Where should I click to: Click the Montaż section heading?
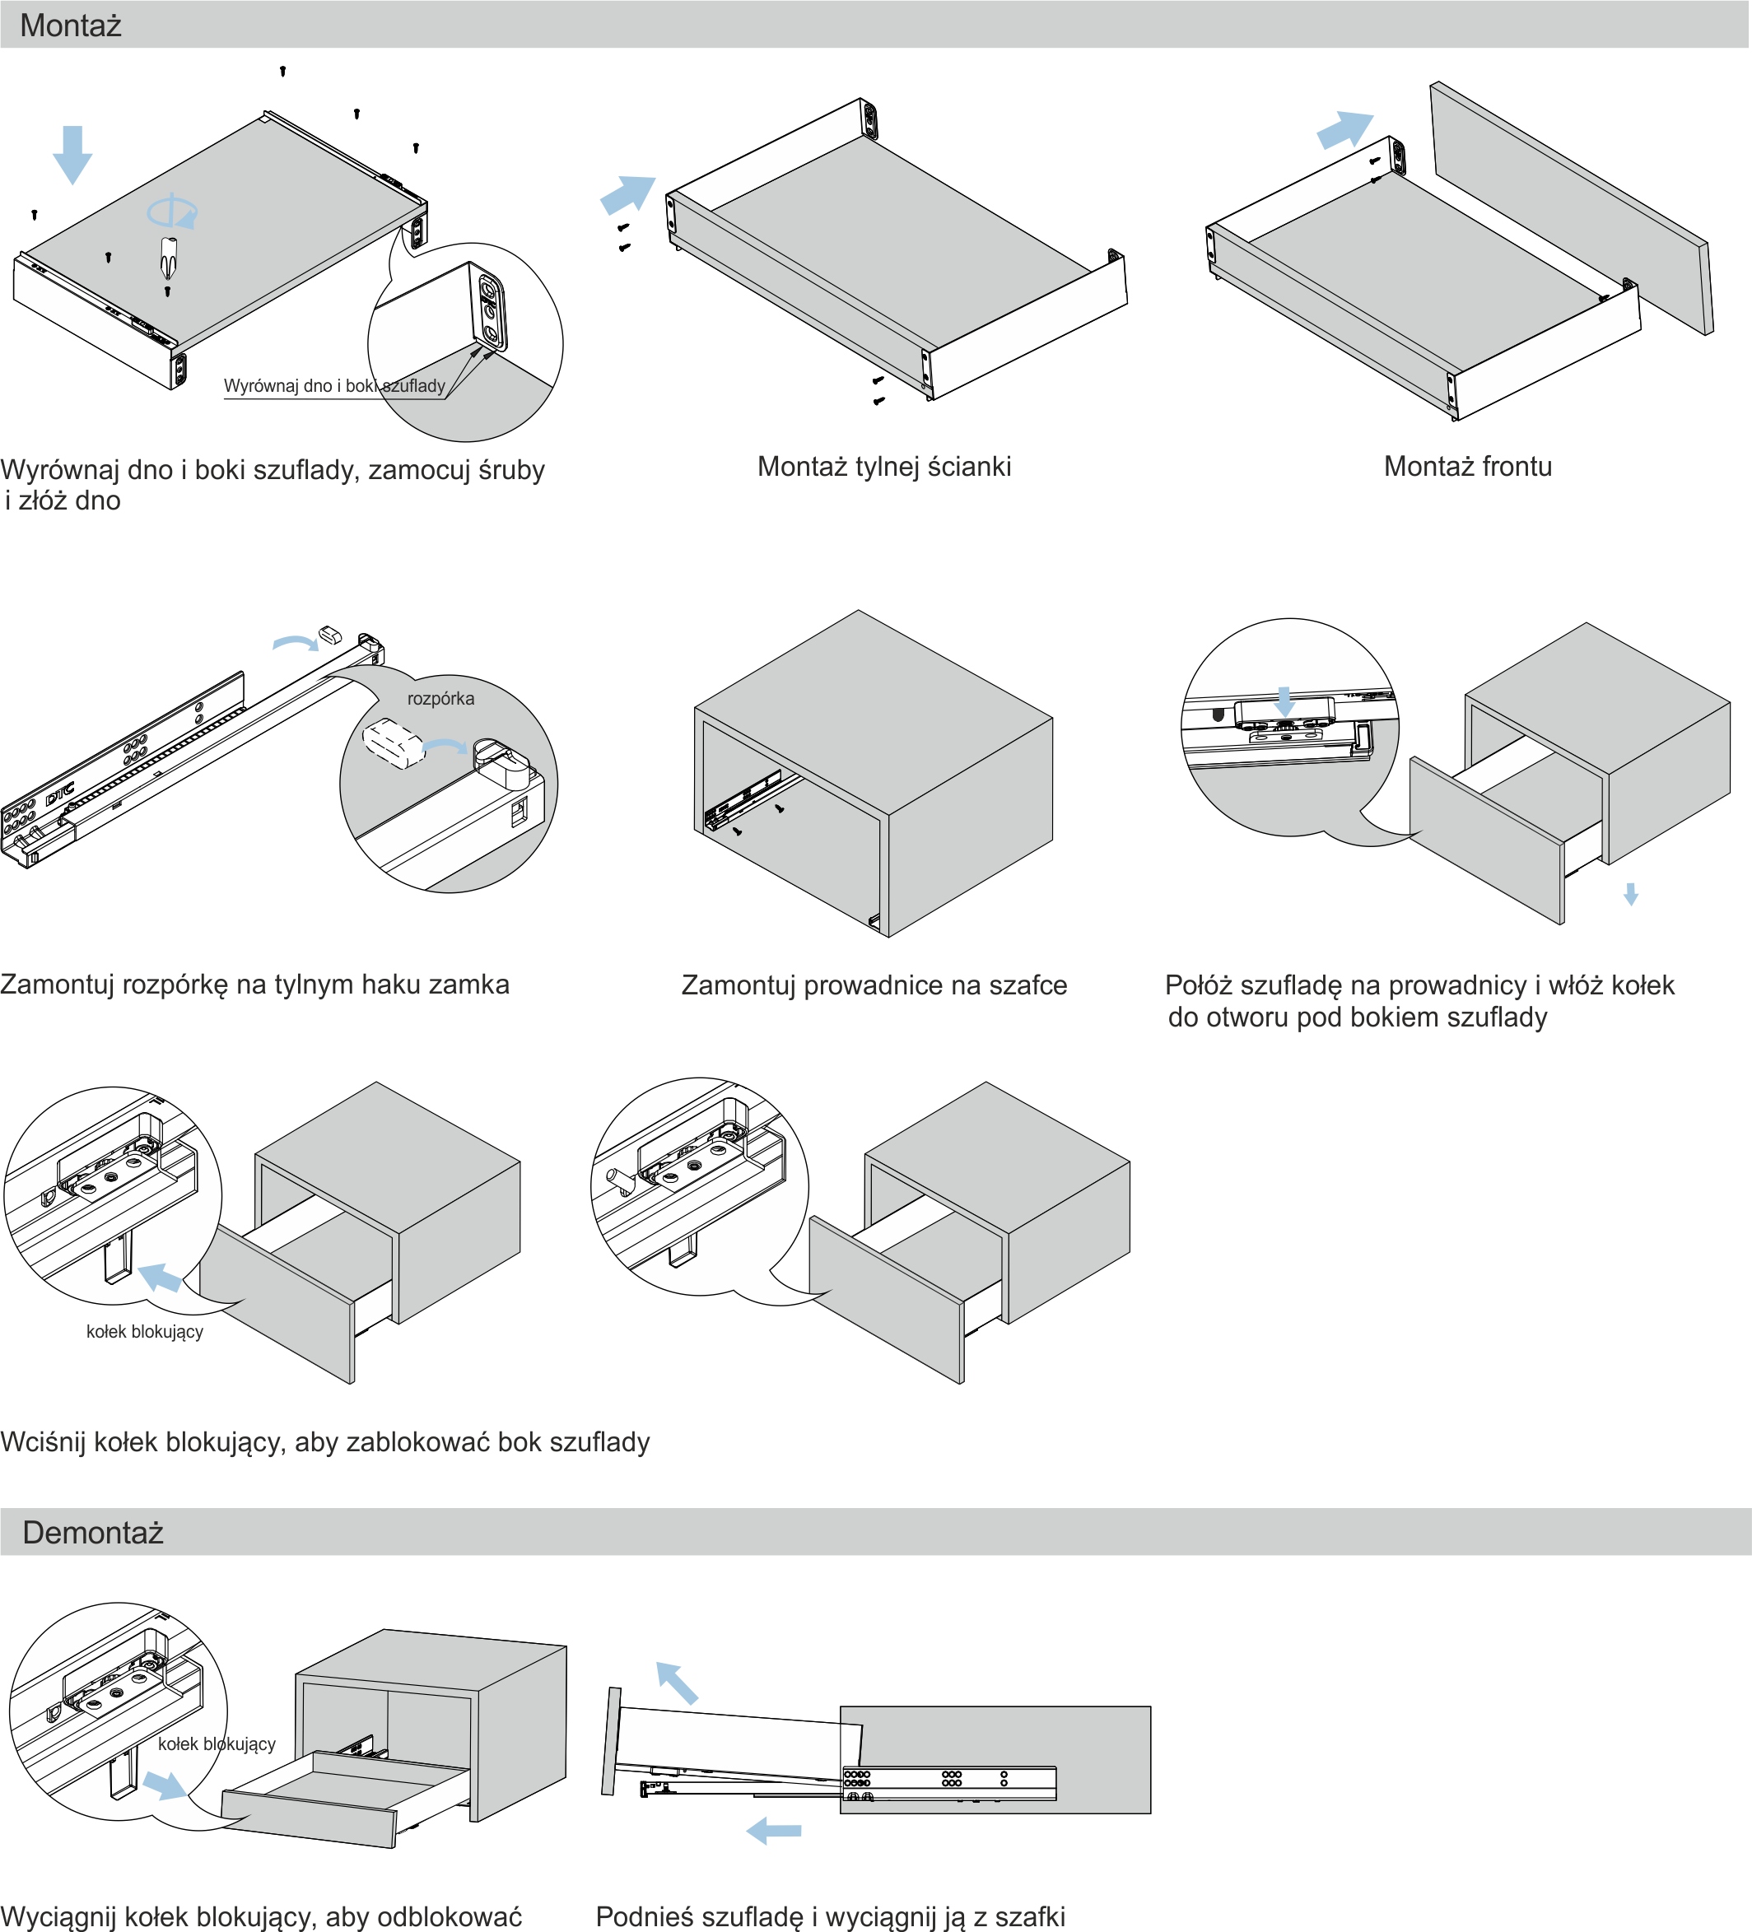(71, 26)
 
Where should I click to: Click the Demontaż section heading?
(93, 1533)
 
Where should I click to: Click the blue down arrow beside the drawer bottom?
(72, 153)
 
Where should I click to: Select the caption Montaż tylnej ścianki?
(883, 467)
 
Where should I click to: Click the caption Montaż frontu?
(1467, 467)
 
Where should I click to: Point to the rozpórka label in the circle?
(440, 699)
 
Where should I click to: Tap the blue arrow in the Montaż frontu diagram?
(1344, 128)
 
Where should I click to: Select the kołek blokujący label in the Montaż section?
(145, 1331)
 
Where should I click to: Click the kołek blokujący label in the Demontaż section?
(217, 1743)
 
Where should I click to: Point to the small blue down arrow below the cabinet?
(1630, 894)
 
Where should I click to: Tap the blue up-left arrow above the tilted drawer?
(677, 1683)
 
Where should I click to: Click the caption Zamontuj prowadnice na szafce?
(874, 985)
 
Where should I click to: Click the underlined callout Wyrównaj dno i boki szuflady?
(334, 386)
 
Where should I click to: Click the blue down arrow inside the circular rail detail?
(1285, 701)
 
